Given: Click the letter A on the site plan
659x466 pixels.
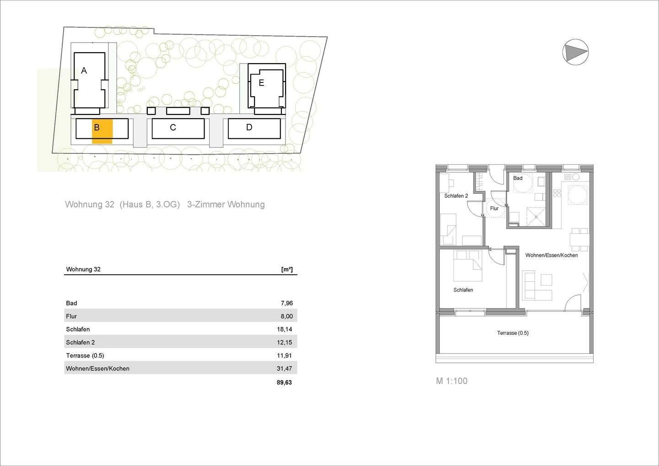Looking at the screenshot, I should pos(84,70).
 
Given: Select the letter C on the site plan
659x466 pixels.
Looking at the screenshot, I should pos(173,127).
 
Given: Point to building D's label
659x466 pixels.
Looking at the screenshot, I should pos(249,127).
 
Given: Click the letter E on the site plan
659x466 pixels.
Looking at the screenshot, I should pos(261,83).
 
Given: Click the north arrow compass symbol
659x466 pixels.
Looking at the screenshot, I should pos(575,52).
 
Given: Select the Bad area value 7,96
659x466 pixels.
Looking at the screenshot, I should pos(286,303).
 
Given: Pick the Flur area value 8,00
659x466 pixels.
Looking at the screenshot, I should pos(286,316).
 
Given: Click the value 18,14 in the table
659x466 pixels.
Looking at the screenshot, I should pos(284,329).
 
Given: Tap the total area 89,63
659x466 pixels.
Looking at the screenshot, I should pos(284,382).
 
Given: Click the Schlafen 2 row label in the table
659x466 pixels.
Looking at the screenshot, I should pos(80,342).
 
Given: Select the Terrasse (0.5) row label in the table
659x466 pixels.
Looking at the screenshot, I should pos(85,355).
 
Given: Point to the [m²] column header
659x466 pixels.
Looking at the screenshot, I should pos(287,269).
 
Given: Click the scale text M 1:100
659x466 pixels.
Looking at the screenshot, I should pos(452,381).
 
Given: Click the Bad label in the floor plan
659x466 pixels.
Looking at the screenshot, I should pos(518,178).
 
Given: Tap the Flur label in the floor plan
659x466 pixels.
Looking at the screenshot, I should pos(494,208).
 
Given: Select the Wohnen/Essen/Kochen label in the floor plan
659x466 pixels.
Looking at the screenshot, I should pos(551,255).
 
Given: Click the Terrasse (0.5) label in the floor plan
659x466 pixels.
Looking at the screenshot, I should pos(513,333).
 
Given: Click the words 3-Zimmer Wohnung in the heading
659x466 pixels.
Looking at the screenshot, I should pos(226,205).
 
